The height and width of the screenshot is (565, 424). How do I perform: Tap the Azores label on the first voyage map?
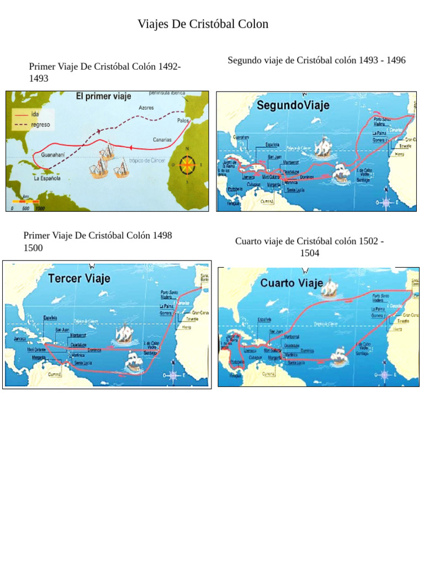pos(146,108)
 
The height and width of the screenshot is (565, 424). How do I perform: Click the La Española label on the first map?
pos(46,178)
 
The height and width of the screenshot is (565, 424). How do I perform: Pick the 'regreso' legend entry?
pos(40,125)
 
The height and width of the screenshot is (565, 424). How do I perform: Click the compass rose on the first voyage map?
pos(188,164)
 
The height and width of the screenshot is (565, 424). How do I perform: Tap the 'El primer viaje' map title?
pos(103,97)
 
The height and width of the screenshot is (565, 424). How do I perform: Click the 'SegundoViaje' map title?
pos(292,105)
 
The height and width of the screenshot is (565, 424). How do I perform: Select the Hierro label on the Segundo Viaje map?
pos(400,154)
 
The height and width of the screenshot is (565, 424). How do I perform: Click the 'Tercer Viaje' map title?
pos(79,278)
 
